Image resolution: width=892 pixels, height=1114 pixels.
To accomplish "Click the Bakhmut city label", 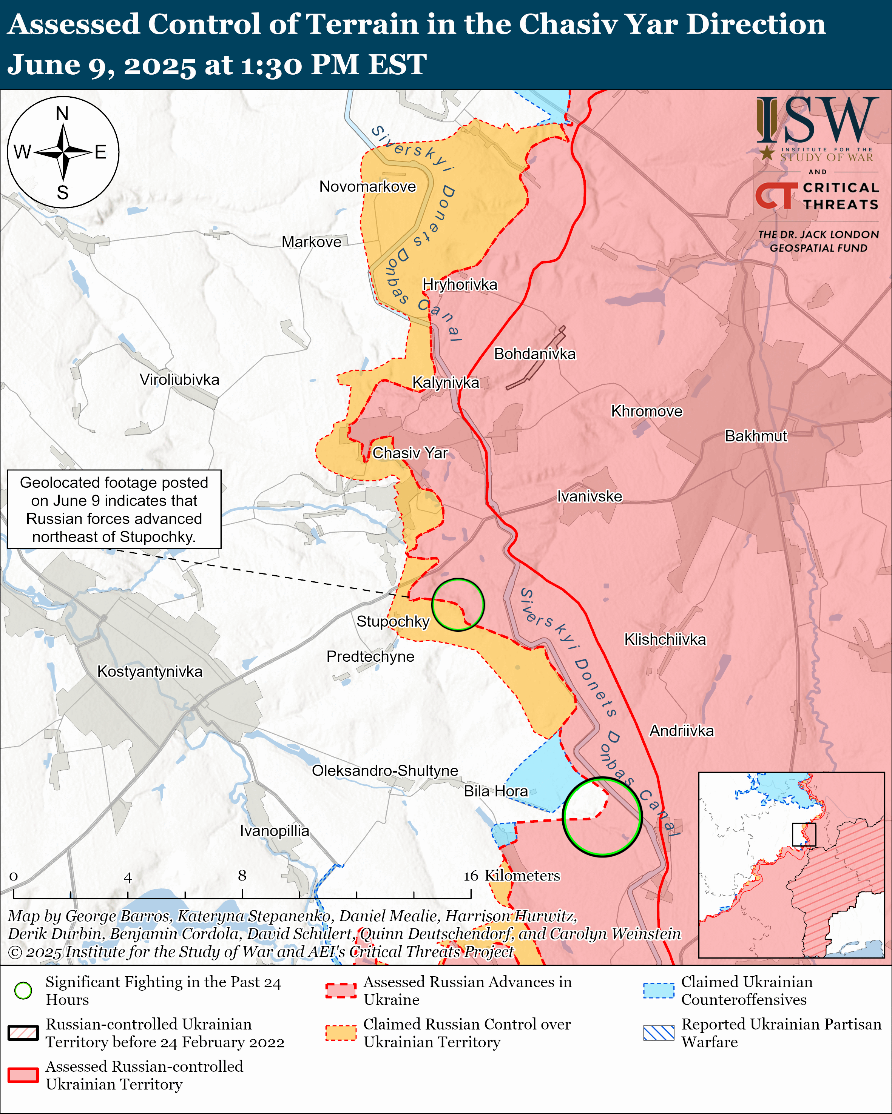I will [x=756, y=436].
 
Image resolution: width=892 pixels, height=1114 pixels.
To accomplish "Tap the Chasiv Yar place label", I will [x=410, y=453].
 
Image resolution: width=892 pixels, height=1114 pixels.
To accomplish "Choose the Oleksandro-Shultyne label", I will [x=385, y=770].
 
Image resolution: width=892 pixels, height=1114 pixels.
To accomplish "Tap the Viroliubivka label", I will [x=179, y=380].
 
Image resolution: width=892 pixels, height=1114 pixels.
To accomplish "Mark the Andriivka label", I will [x=682, y=731].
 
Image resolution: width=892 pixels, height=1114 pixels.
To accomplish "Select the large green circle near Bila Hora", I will [x=602, y=816].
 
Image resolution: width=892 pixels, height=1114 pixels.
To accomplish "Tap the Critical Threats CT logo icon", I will [x=776, y=196].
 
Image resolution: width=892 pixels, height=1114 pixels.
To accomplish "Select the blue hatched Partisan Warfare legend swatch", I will [x=658, y=1033].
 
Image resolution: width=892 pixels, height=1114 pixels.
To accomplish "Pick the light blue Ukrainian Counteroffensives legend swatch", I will [x=658, y=990].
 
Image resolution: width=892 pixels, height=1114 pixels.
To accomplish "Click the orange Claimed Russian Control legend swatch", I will [x=341, y=1033].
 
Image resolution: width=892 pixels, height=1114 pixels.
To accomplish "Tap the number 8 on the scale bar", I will [x=242, y=875].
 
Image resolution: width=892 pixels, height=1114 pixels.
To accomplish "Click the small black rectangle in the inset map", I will [x=804, y=834].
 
